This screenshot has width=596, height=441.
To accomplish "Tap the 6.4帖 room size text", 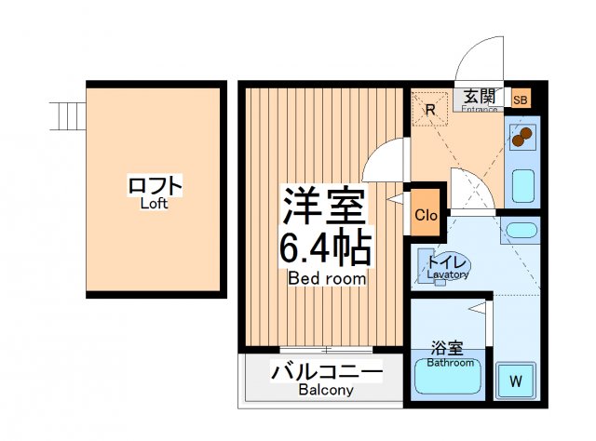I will (x=326, y=248).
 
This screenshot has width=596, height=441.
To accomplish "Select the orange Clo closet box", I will (x=426, y=216).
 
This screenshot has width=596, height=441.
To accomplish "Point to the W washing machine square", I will (x=514, y=381).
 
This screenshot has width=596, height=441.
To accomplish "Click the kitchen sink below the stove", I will (x=524, y=185).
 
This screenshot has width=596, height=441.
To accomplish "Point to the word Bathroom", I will (x=451, y=363).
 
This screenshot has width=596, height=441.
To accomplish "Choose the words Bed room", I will (x=326, y=278).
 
